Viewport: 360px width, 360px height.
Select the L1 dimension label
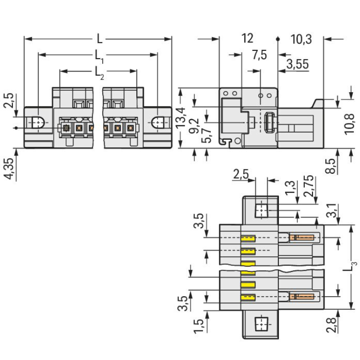coord(99,55)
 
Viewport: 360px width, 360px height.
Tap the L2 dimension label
coord(99,72)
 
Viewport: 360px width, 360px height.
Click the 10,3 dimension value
coord(301,40)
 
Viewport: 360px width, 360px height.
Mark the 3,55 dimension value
coord(298,64)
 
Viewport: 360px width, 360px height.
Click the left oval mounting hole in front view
coord(37,123)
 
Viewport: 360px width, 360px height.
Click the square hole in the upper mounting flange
coord(262,210)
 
